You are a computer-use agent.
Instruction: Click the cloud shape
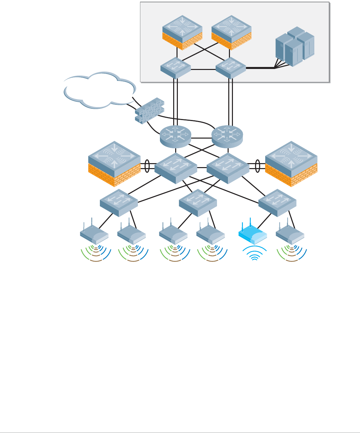point(100,90)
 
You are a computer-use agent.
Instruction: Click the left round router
point(176,136)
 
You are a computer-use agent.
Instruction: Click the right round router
point(227,136)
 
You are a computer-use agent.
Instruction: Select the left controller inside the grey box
point(182,32)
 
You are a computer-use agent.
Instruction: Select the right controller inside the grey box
point(231,32)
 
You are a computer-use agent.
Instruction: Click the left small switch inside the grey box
point(176,68)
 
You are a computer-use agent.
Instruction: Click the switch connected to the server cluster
point(231,68)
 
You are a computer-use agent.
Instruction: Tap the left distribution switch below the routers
point(176,167)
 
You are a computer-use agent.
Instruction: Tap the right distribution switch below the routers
point(228,167)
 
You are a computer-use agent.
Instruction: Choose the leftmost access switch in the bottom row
point(119,202)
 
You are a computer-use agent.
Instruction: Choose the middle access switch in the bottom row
point(198,202)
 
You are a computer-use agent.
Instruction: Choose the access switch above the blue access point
point(277,202)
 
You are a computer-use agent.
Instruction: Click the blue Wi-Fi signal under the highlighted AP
point(254,254)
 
